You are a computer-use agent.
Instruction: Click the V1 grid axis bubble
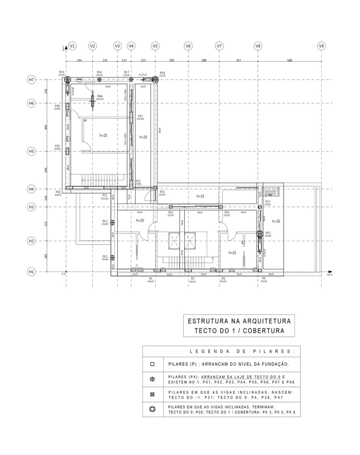(x=72, y=46)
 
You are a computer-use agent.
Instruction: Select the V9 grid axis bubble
(x=321, y=46)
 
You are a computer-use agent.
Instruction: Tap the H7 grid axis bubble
(x=31, y=80)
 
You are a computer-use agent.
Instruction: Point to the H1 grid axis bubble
(x=31, y=272)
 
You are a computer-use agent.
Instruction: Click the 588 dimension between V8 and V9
(x=289, y=60)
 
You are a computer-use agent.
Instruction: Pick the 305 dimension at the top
(x=172, y=60)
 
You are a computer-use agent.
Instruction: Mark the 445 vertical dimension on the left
(x=46, y=127)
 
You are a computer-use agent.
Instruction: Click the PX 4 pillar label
(x=100, y=97)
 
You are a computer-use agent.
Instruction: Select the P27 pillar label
(x=140, y=116)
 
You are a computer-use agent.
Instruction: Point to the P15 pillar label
(x=171, y=212)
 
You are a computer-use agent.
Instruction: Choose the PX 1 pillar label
(x=105, y=257)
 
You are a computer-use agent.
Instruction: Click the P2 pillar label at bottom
(x=193, y=279)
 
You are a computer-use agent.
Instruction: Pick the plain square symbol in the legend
(x=152, y=364)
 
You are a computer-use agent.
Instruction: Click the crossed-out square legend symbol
(x=152, y=394)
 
